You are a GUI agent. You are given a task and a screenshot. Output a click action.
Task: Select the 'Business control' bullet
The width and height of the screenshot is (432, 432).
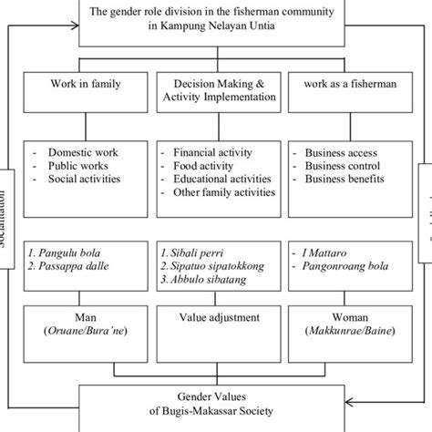[x=346, y=167]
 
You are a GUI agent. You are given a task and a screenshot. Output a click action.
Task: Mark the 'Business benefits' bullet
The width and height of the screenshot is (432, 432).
[x=348, y=180]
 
